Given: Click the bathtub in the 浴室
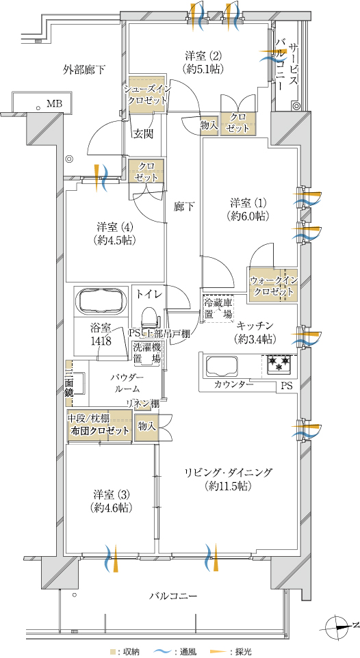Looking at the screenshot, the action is point(101,300).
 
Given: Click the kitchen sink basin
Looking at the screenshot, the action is point(221,366).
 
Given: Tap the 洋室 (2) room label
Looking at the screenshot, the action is point(203,55).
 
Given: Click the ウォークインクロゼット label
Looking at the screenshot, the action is point(274,286).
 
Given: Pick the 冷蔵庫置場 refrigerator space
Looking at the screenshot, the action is point(218,308).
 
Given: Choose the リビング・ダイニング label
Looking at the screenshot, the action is point(228,473).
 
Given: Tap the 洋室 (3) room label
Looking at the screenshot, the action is point(112,493).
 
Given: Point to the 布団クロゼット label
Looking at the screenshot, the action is point(100,432).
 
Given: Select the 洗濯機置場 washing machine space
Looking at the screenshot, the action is point(147,353).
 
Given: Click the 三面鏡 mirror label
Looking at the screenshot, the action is point(69,382).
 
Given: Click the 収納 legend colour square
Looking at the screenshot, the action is point(112,652).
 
